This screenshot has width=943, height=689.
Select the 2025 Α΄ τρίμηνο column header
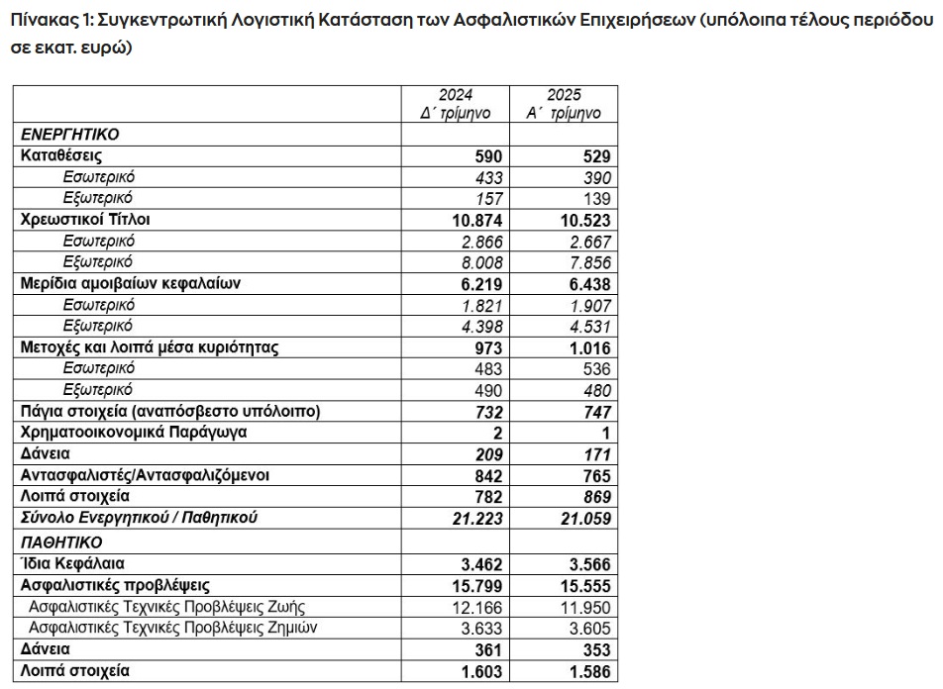point(564,105)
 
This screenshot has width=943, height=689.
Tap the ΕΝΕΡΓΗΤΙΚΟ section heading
point(70,135)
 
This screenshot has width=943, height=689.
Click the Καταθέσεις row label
point(61,156)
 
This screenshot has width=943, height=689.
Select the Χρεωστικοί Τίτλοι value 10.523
point(580,220)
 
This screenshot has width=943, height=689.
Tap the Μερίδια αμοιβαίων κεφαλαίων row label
point(131,283)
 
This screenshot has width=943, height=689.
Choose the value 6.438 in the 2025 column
point(585,283)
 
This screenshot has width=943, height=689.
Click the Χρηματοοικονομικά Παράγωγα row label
point(134,432)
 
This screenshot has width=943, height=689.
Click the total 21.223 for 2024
point(476,519)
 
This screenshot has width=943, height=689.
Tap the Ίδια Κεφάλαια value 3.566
point(585,564)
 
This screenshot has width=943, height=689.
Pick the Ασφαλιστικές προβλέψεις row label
point(115,585)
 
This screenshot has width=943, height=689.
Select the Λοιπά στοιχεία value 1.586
point(585,672)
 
